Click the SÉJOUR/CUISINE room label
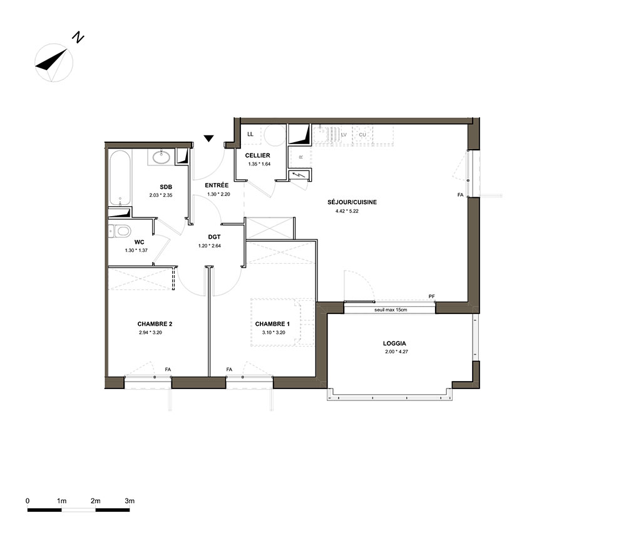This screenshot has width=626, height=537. point(352,202)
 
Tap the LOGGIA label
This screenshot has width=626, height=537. point(394,343)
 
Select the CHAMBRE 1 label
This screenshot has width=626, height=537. point(273,324)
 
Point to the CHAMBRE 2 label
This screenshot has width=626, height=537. point(155,324)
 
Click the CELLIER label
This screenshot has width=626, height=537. point(257,155)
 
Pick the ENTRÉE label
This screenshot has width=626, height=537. point(217,185)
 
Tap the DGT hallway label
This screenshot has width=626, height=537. point(214,237)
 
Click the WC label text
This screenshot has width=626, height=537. point(140,242)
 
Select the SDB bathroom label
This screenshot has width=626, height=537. point(166,187)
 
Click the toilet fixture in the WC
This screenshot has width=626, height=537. point(120,231)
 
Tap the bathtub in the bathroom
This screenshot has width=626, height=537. point(120,178)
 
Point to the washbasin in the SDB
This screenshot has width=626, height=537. point(162,157)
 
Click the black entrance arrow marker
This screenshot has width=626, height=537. point(209,138)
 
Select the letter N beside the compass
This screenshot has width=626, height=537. point(78,38)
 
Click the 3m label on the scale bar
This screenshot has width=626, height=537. point(130,501)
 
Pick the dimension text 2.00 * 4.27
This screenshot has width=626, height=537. point(396,352)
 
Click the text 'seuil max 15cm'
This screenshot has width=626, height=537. point(391,310)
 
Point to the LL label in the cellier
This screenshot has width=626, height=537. point(250,134)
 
